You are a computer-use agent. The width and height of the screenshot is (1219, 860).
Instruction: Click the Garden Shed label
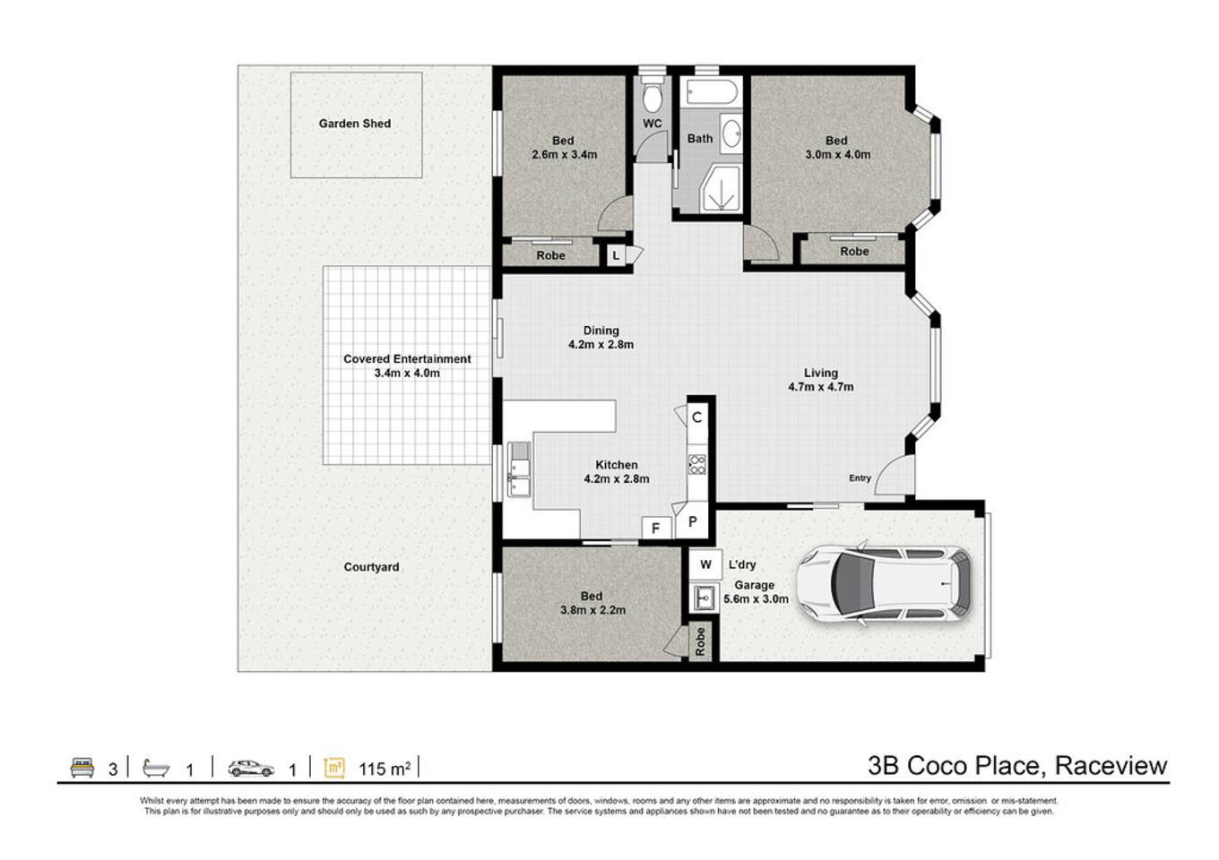(x=354, y=124)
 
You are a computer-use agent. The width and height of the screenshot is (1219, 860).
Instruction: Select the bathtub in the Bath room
(x=712, y=91)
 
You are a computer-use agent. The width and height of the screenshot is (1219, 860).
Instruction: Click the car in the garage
(x=884, y=583)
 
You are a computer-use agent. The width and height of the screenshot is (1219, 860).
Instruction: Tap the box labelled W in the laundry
(x=705, y=564)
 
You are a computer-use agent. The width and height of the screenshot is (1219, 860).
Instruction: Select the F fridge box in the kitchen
(x=656, y=528)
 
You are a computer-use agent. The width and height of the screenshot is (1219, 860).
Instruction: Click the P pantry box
(x=692, y=522)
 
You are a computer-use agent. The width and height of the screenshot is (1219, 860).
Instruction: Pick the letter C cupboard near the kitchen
(x=697, y=417)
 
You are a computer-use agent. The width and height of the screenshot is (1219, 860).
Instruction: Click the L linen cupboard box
(x=616, y=255)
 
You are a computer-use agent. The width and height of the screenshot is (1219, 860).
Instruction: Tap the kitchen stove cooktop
(x=697, y=465)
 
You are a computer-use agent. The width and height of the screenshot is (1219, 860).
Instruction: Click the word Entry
(x=860, y=477)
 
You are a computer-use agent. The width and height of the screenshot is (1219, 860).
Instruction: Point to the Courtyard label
(x=371, y=567)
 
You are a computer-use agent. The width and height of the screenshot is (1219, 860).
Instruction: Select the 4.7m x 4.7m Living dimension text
(x=821, y=387)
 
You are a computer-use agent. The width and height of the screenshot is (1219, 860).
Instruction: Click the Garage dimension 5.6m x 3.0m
(x=756, y=599)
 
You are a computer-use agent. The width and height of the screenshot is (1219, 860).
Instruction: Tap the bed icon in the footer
(x=82, y=768)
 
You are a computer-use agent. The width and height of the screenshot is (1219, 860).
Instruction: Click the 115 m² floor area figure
(x=385, y=769)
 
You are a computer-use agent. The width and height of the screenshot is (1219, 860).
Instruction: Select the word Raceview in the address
(x=1111, y=765)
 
